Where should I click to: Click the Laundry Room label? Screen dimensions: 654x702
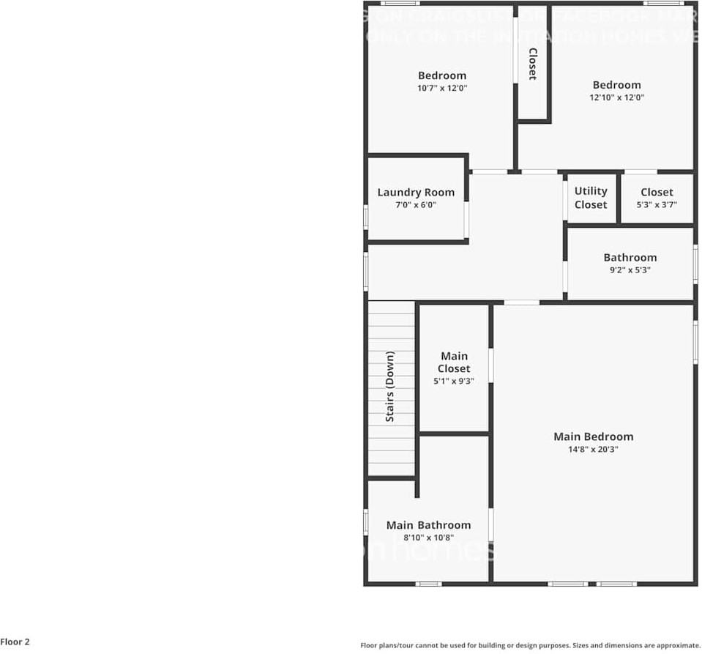(x=416, y=193)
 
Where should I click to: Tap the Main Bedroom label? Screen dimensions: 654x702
(x=593, y=436)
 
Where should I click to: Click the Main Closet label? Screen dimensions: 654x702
(x=454, y=363)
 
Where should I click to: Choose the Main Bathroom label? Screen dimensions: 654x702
(x=428, y=525)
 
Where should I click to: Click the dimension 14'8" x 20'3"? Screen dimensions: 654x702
(x=593, y=450)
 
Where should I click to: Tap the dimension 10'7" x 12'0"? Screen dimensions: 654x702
(x=442, y=88)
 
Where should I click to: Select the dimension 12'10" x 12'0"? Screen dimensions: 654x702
(x=616, y=97)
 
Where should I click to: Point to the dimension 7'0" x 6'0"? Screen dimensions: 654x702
(x=416, y=205)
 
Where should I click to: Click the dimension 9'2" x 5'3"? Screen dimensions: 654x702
(x=630, y=270)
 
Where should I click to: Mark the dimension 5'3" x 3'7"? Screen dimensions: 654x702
(x=657, y=205)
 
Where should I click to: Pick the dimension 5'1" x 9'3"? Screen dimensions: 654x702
(x=454, y=381)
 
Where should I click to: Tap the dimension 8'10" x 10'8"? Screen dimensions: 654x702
(x=428, y=538)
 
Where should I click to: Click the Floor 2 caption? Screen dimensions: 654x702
(x=15, y=642)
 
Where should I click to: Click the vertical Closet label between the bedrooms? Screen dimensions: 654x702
(x=532, y=64)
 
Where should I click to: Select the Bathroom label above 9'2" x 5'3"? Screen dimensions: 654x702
(x=630, y=257)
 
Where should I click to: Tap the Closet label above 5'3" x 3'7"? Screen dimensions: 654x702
(x=657, y=193)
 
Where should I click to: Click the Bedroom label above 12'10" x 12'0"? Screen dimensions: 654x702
(x=616, y=85)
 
